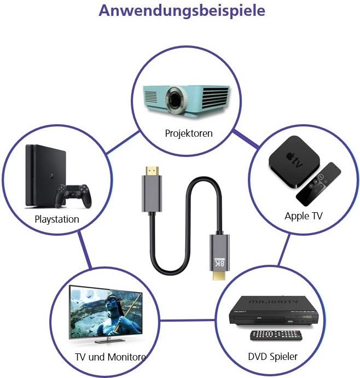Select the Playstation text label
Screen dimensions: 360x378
tap(57, 219)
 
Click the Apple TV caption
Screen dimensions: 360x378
tap(304, 216)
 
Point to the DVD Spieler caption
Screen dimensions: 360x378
tap(272, 357)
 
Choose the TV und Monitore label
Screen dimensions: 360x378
tap(110, 357)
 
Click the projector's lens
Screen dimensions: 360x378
tap(175, 99)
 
